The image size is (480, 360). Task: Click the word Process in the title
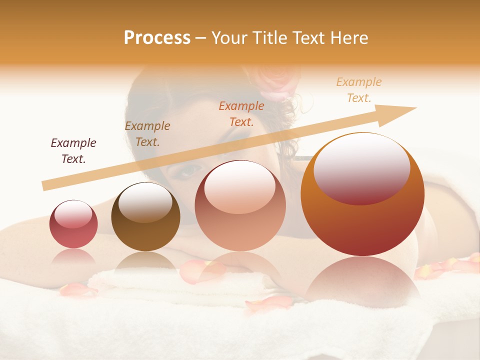pyautogui.click(x=157, y=38)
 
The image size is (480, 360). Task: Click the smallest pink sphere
pyautogui.click(x=73, y=224)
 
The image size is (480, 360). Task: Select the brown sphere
pyautogui.click(x=145, y=217)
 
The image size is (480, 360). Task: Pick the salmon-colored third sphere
pyautogui.click(x=240, y=206)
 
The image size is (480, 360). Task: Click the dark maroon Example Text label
pyautogui.click(x=73, y=151)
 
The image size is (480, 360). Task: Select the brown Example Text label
pyautogui.click(x=147, y=134)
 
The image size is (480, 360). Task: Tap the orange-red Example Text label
pyautogui.click(x=241, y=114)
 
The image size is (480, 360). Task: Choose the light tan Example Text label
pyautogui.click(x=359, y=90)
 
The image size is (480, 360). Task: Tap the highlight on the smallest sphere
pyautogui.click(x=73, y=214)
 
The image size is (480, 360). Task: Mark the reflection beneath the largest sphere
pyautogui.click(x=362, y=280)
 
